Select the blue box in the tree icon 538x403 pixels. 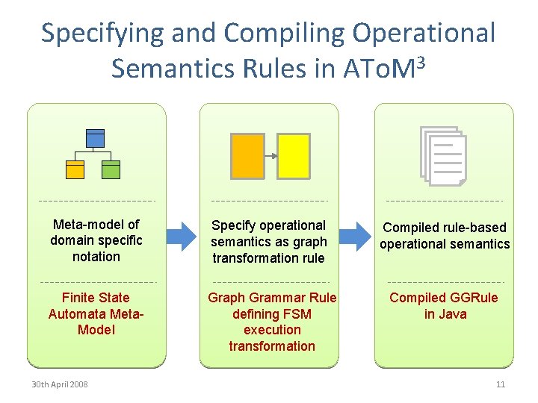pyautogui.click(x=95, y=138)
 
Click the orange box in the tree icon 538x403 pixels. pyautogui.click(x=75, y=169)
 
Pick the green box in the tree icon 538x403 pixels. pyautogui.click(x=111, y=169)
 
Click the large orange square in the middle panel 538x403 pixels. pyautogui.click(x=247, y=156)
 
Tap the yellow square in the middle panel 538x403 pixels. pyautogui.click(x=294, y=156)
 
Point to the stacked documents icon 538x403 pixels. pyautogui.click(x=443, y=155)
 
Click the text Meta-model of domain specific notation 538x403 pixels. pyautogui.click(x=96, y=240)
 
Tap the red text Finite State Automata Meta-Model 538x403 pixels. pyautogui.click(x=96, y=313)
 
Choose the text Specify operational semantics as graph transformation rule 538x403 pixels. pyautogui.click(x=269, y=241)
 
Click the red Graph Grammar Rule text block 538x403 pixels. pyautogui.click(x=272, y=322)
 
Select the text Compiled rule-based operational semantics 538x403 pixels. pyautogui.click(x=445, y=235)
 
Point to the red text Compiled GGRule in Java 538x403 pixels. pyautogui.click(x=445, y=306)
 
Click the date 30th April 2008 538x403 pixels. pyautogui.click(x=59, y=384)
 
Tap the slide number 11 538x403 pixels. pyautogui.click(x=500, y=384)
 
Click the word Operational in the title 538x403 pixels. pyautogui.click(x=424, y=34)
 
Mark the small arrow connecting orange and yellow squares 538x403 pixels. pyautogui.click(x=271, y=156)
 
